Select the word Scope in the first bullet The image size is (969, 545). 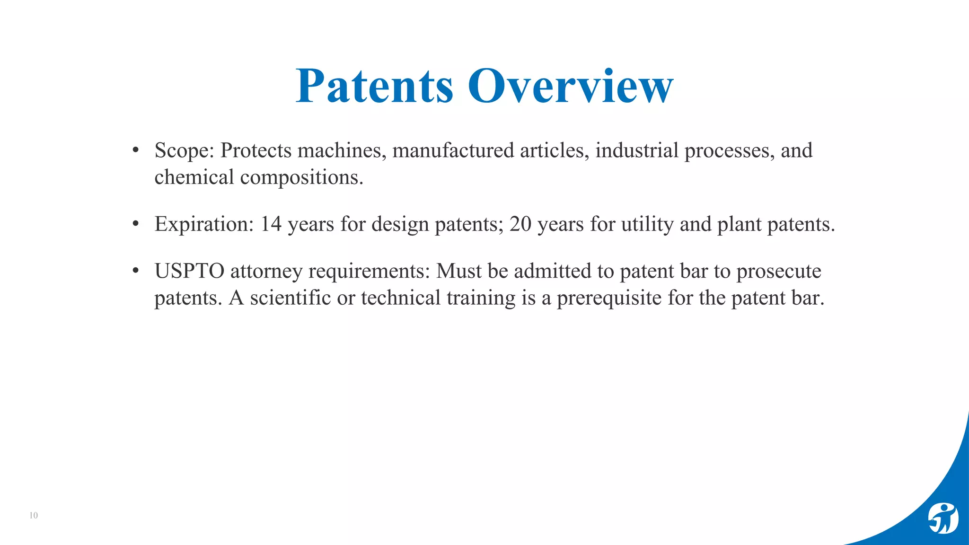coord(182,151)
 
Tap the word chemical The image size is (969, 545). coord(194,177)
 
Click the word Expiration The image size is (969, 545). coord(204,224)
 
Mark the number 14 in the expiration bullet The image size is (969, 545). coord(271,224)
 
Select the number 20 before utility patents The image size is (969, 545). coord(520,224)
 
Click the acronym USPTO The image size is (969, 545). coord(189,272)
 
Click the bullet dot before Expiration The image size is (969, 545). coord(136,223)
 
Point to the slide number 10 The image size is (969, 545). coord(34,516)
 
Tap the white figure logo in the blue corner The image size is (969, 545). coord(943,519)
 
